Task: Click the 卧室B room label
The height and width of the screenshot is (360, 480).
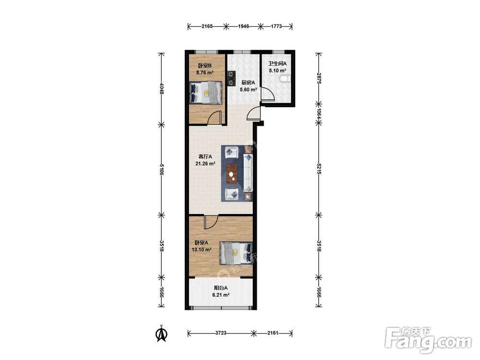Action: pyautogui.click(x=205, y=65)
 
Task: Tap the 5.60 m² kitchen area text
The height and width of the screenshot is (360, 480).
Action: pyautogui.click(x=248, y=90)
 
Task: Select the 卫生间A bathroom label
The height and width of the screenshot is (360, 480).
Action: pyautogui.click(x=277, y=64)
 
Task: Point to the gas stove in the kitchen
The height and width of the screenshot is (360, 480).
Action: pyautogui.click(x=231, y=78)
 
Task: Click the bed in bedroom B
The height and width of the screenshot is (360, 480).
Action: pyautogui.click(x=205, y=93)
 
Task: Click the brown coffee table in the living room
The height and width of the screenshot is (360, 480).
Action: pyautogui.click(x=232, y=174)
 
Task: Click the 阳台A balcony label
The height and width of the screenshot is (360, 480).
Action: pyautogui.click(x=220, y=288)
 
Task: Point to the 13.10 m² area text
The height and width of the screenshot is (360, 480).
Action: pyautogui.click(x=202, y=250)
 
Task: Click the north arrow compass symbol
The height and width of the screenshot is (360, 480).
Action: pyautogui.click(x=161, y=333)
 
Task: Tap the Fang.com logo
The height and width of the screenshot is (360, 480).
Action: pyautogui.click(x=428, y=340)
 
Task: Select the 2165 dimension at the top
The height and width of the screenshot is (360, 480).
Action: pyautogui.click(x=207, y=26)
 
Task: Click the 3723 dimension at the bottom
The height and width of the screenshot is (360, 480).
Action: pyautogui.click(x=221, y=333)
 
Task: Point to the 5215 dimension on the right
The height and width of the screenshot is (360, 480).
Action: pyautogui.click(x=319, y=168)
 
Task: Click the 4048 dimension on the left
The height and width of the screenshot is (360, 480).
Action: pyautogui.click(x=162, y=89)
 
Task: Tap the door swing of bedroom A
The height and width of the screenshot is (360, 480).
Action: pyautogui.click(x=211, y=222)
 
